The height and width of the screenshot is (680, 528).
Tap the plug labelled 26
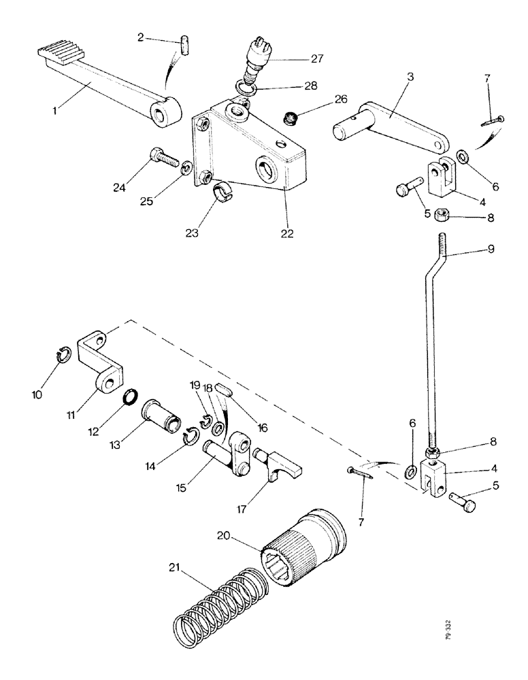tap(291, 120)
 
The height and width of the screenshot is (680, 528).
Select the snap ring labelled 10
tap(62, 355)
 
